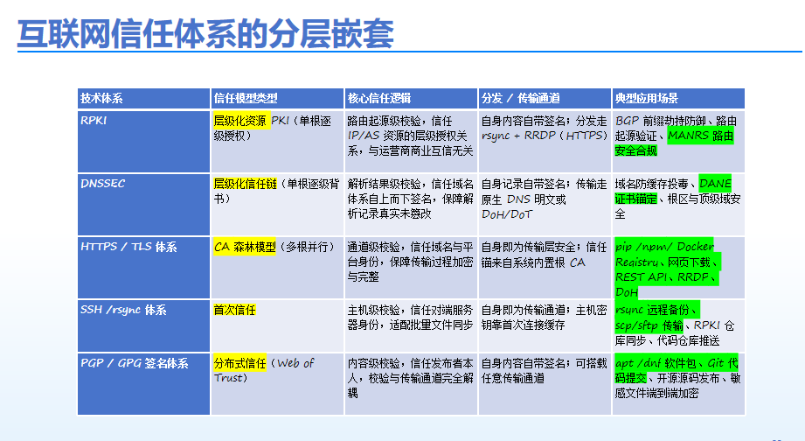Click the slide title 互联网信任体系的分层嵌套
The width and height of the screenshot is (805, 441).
click(x=205, y=34)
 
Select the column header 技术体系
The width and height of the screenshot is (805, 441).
click(x=101, y=98)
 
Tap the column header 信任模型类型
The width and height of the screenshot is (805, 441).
click(x=246, y=98)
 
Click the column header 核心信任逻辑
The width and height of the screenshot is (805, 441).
click(x=379, y=98)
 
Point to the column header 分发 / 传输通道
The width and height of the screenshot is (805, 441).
click(x=521, y=98)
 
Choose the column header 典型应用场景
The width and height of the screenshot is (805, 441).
click(x=647, y=98)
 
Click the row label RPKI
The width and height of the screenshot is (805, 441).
click(x=94, y=120)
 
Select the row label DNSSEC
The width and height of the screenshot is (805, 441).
click(x=102, y=184)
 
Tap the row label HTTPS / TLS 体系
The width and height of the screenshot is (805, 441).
click(x=128, y=247)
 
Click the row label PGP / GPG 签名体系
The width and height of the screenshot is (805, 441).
click(x=134, y=363)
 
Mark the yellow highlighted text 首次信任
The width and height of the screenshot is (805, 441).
click(x=234, y=310)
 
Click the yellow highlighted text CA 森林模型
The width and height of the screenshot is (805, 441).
click(x=245, y=247)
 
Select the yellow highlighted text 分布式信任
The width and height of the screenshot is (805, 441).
click(x=239, y=363)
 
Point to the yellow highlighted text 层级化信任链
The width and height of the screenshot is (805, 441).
click(x=245, y=184)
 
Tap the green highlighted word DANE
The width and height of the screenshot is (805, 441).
click(x=715, y=184)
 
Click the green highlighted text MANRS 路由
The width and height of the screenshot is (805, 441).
click(x=700, y=136)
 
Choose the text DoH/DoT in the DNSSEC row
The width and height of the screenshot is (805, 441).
click(x=507, y=214)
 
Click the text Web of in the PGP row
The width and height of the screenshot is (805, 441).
click(x=295, y=363)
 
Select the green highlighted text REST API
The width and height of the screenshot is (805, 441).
click(x=642, y=277)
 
